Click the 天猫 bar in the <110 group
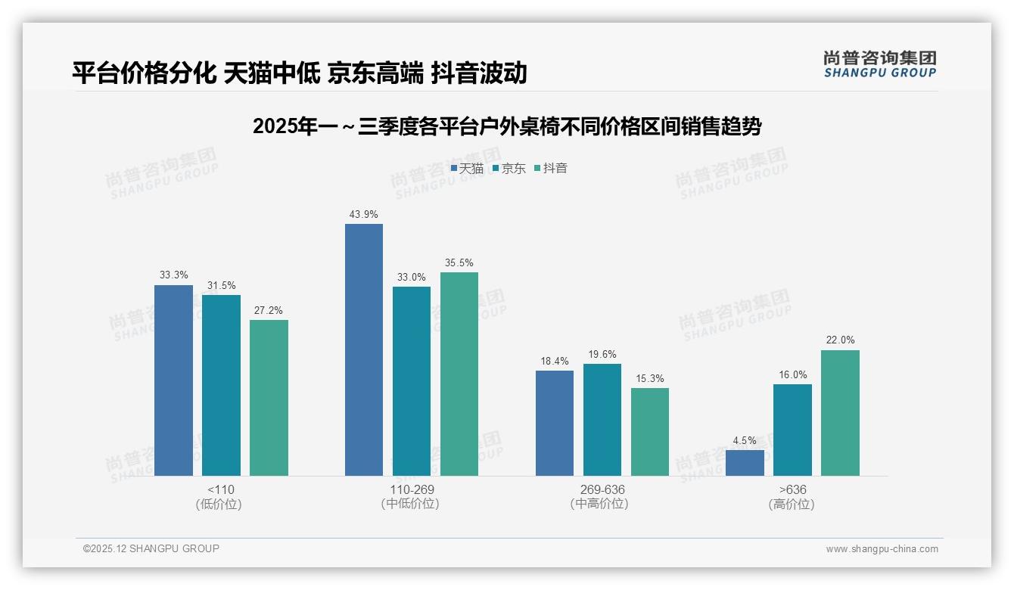pos(173,380)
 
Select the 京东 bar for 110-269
pos(411,381)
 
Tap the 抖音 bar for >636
pos(840,413)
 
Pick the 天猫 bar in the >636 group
pos(745,463)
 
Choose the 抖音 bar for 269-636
pos(649,432)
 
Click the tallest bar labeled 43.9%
pos(363,349)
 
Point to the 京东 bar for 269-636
pos(602,420)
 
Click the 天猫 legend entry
pos(468,168)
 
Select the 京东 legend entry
pos(509,168)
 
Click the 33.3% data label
pos(173,275)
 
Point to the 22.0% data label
pos(840,340)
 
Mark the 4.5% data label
pos(745,440)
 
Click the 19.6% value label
pos(602,354)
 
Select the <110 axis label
pos(219,489)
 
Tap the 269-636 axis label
pos(602,489)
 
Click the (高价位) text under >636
pos(792,505)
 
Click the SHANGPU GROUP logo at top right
pos(879,64)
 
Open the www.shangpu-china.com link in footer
pos(882,549)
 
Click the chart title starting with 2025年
pos(507,126)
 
